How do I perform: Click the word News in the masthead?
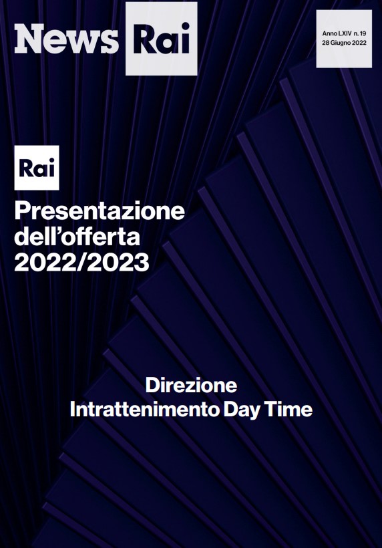click(x=66, y=39)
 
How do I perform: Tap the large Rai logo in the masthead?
click(x=162, y=39)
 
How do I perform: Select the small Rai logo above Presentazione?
click(x=37, y=168)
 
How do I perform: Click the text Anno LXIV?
click(x=337, y=33)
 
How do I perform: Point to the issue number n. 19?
click(x=360, y=33)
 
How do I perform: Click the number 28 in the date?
click(x=325, y=43)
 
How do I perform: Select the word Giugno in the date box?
click(x=341, y=43)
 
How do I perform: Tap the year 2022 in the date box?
click(x=359, y=43)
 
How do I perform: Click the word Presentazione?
click(x=100, y=211)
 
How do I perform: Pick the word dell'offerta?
click(x=77, y=237)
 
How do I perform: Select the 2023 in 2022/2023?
click(x=119, y=262)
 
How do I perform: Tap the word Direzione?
click(x=191, y=385)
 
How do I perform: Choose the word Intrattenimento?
click(x=144, y=409)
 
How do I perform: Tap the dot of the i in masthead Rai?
click(x=184, y=27)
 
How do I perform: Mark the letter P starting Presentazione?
click(x=21, y=211)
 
